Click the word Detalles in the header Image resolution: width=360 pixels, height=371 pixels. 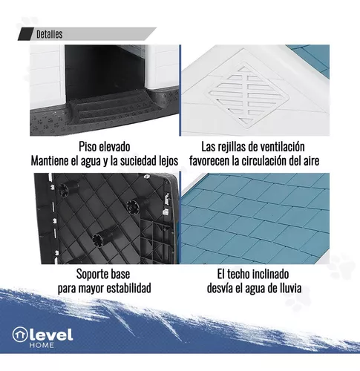49,34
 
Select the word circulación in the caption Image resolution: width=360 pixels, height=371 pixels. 268,160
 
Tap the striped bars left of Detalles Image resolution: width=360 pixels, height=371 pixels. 23,34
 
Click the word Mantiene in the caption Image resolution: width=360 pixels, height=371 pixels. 57,160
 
